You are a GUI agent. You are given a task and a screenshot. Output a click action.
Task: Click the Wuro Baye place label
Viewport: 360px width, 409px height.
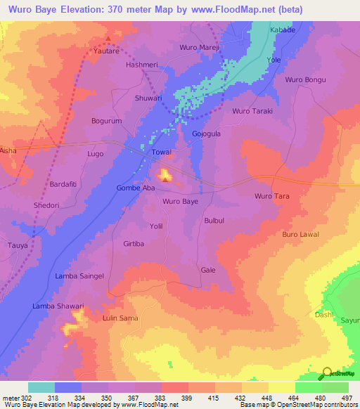click(x=180, y=202)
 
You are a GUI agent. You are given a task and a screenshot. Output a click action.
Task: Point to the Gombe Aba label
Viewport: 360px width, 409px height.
click(x=135, y=188)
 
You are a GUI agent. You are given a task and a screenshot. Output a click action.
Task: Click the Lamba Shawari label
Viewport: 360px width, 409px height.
click(x=58, y=306)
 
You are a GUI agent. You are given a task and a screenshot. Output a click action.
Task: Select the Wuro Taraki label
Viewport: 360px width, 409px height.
click(x=252, y=111)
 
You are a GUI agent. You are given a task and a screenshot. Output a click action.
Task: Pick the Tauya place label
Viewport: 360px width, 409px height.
click(x=18, y=245)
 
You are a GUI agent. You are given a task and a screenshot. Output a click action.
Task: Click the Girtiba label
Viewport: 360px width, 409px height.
click(x=134, y=243)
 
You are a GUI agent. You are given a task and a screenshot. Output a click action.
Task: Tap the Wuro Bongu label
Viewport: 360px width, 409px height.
click(x=305, y=79)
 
